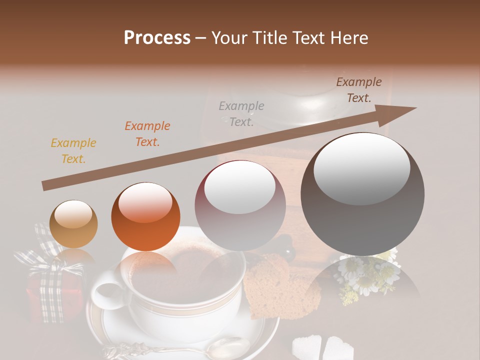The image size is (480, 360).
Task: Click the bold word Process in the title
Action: (157, 38)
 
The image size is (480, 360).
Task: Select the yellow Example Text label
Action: (73, 151)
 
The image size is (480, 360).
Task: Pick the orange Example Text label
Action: (147, 134)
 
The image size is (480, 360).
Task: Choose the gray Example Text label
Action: (241, 113)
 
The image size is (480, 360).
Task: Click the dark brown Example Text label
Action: (358, 90)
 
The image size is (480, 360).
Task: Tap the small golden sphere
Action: (74, 223)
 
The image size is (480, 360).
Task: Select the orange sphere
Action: (145, 216)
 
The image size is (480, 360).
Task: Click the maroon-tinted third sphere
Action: (240, 205)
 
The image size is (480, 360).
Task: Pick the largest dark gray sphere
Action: (362, 194)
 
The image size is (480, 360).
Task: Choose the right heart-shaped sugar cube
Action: (338, 347)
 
